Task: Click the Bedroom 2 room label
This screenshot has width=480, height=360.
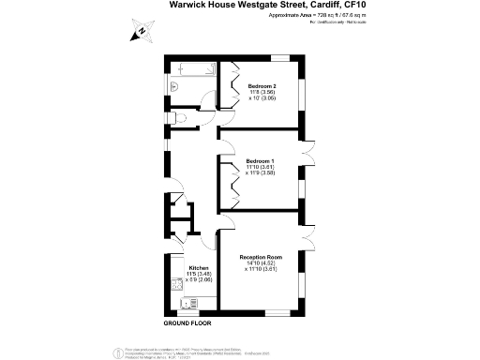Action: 262,85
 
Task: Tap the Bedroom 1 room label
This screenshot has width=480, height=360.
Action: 261,160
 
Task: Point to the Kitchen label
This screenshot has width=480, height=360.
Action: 199,267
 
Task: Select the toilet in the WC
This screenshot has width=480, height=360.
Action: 177,118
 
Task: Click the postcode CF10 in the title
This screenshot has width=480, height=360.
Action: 345,6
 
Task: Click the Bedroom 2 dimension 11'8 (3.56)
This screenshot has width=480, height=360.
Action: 262,92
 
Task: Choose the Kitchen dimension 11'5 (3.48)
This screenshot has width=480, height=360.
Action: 199,274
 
